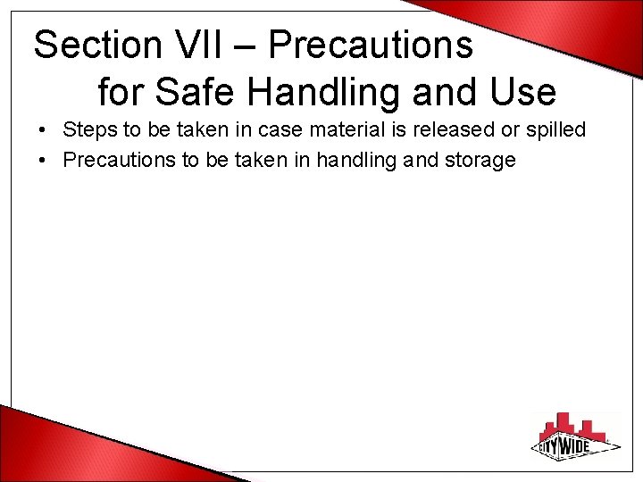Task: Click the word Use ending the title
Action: (x=522, y=91)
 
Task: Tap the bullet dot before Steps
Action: (x=43, y=131)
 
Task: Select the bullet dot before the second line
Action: (x=43, y=162)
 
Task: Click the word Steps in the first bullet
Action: (x=90, y=130)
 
